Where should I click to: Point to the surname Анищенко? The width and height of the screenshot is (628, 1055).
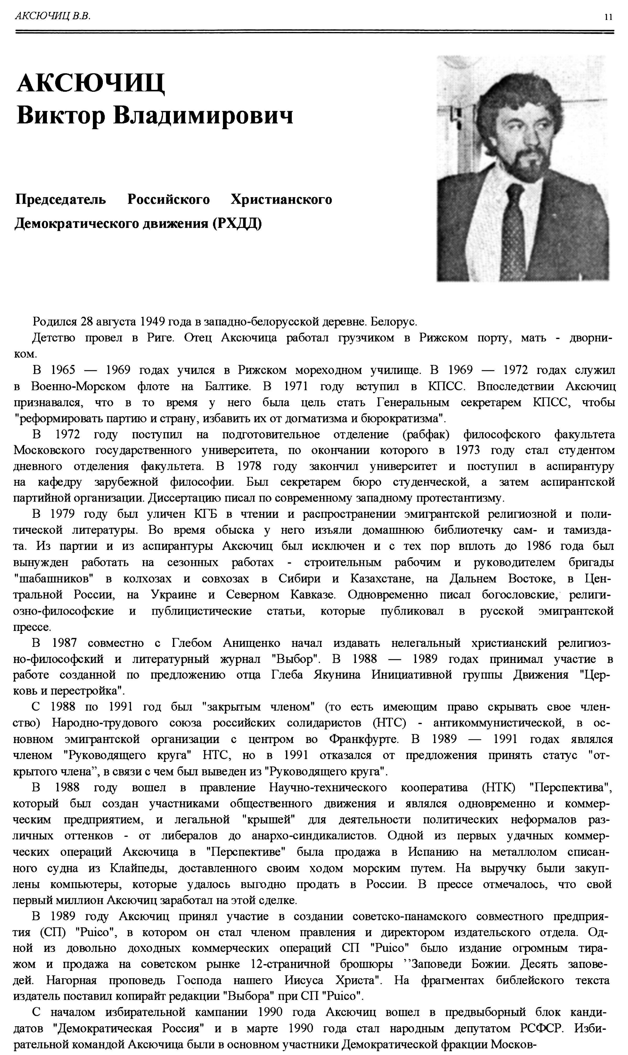251,643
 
